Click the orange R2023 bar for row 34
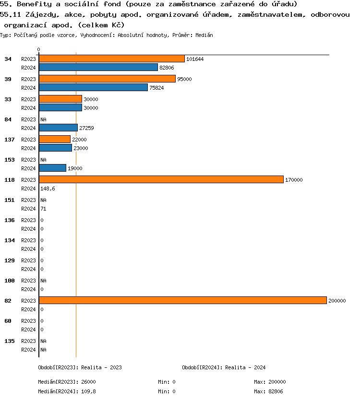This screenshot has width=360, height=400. pyautogui.click(x=111, y=59)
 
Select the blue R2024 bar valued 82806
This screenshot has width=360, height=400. pyautogui.click(x=98, y=68)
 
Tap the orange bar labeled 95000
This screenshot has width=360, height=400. pyautogui.click(x=107, y=79)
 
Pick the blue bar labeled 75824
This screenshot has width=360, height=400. pyautogui.click(x=93, y=88)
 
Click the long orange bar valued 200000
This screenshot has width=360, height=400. pyautogui.click(x=182, y=300)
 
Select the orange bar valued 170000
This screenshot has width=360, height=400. pyautogui.click(x=161, y=179)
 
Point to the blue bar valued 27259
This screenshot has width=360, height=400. pyautogui.click(x=58, y=128)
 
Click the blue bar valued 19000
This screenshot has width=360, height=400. pyautogui.click(x=52, y=168)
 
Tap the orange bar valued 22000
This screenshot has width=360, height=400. pyautogui.click(x=55, y=139)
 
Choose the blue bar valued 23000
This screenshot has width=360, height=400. pyautogui.click(x=55, y=148)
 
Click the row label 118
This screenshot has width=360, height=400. pyautogui.click(x=9, y=180)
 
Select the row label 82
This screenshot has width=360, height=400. pyautogui.click(x=8, y=301)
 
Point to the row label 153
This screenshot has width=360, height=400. pyautogui.click(x=9, y=160)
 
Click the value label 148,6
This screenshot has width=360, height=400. pyautogui.click(x=48, y=189)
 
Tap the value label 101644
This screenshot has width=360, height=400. pyautogui.click(x=195, y=59)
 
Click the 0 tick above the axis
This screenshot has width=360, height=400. pyautogui.click(x=39, y=50)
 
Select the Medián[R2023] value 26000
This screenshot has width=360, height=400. pyautogui.click(x=88, y=382)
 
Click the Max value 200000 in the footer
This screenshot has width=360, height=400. pyautogui.click(x=277, y=382)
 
